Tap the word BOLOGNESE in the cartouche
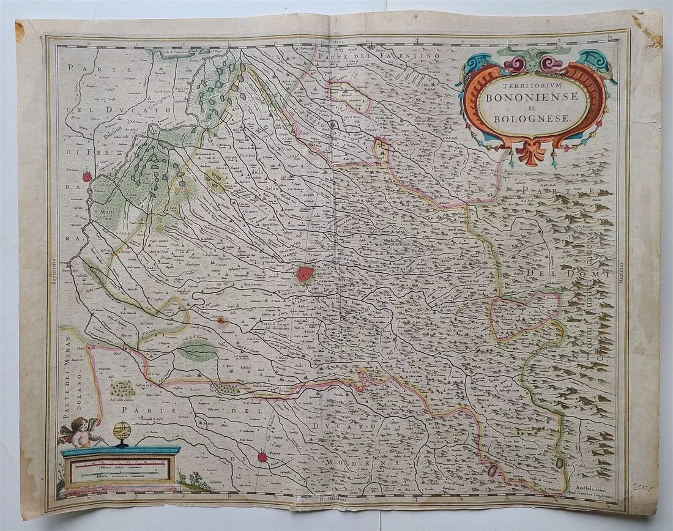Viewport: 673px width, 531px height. click(x=534, y=118)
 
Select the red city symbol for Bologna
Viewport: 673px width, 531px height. click(x=305, y=273)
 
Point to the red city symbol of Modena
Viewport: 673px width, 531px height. click(x=262, y=456)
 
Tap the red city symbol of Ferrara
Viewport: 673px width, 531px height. click(x=87, y=177)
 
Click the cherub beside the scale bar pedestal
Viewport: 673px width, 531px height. click(x=80, y=432)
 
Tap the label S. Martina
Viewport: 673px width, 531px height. click(x=106, y=216)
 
